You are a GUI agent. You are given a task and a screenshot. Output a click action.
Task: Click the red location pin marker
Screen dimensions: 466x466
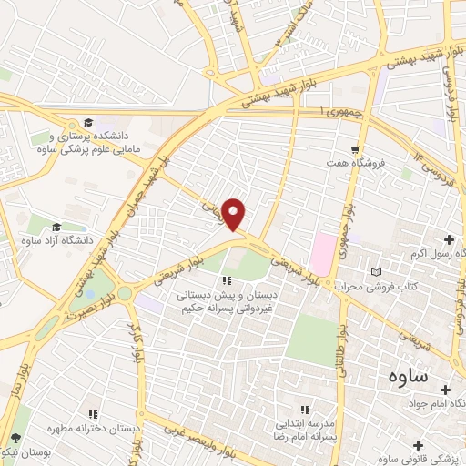coord(235,214)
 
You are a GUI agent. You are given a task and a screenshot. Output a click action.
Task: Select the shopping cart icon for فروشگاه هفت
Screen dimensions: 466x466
coord(356,149)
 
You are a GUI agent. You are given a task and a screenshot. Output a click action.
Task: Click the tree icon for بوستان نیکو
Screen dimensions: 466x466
coord(15,439)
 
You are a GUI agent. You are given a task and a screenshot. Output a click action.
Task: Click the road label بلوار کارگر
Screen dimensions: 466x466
coord(140,338)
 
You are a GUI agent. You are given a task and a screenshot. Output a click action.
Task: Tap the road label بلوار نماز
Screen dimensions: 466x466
coord(11,382)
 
